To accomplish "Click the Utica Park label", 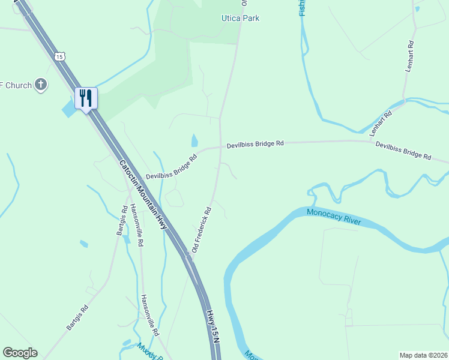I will click(x=240, y=18).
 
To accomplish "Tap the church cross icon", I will click(x=41, y=84).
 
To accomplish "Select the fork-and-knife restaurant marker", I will click(x=86, y=98).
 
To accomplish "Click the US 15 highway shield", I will click(x=58, y=56).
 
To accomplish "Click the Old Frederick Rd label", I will click(x=202, y=230).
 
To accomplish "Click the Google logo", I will click(x=20, y=353).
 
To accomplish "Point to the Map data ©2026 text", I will click(x=423, y=355).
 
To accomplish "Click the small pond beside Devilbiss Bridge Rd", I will click(x=194, y=141).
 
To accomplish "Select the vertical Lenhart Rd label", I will click(x=410, y=56).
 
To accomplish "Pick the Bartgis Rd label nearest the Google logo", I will click(x=77, y=317).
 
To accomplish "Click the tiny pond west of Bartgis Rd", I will click(x=83, y=244).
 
